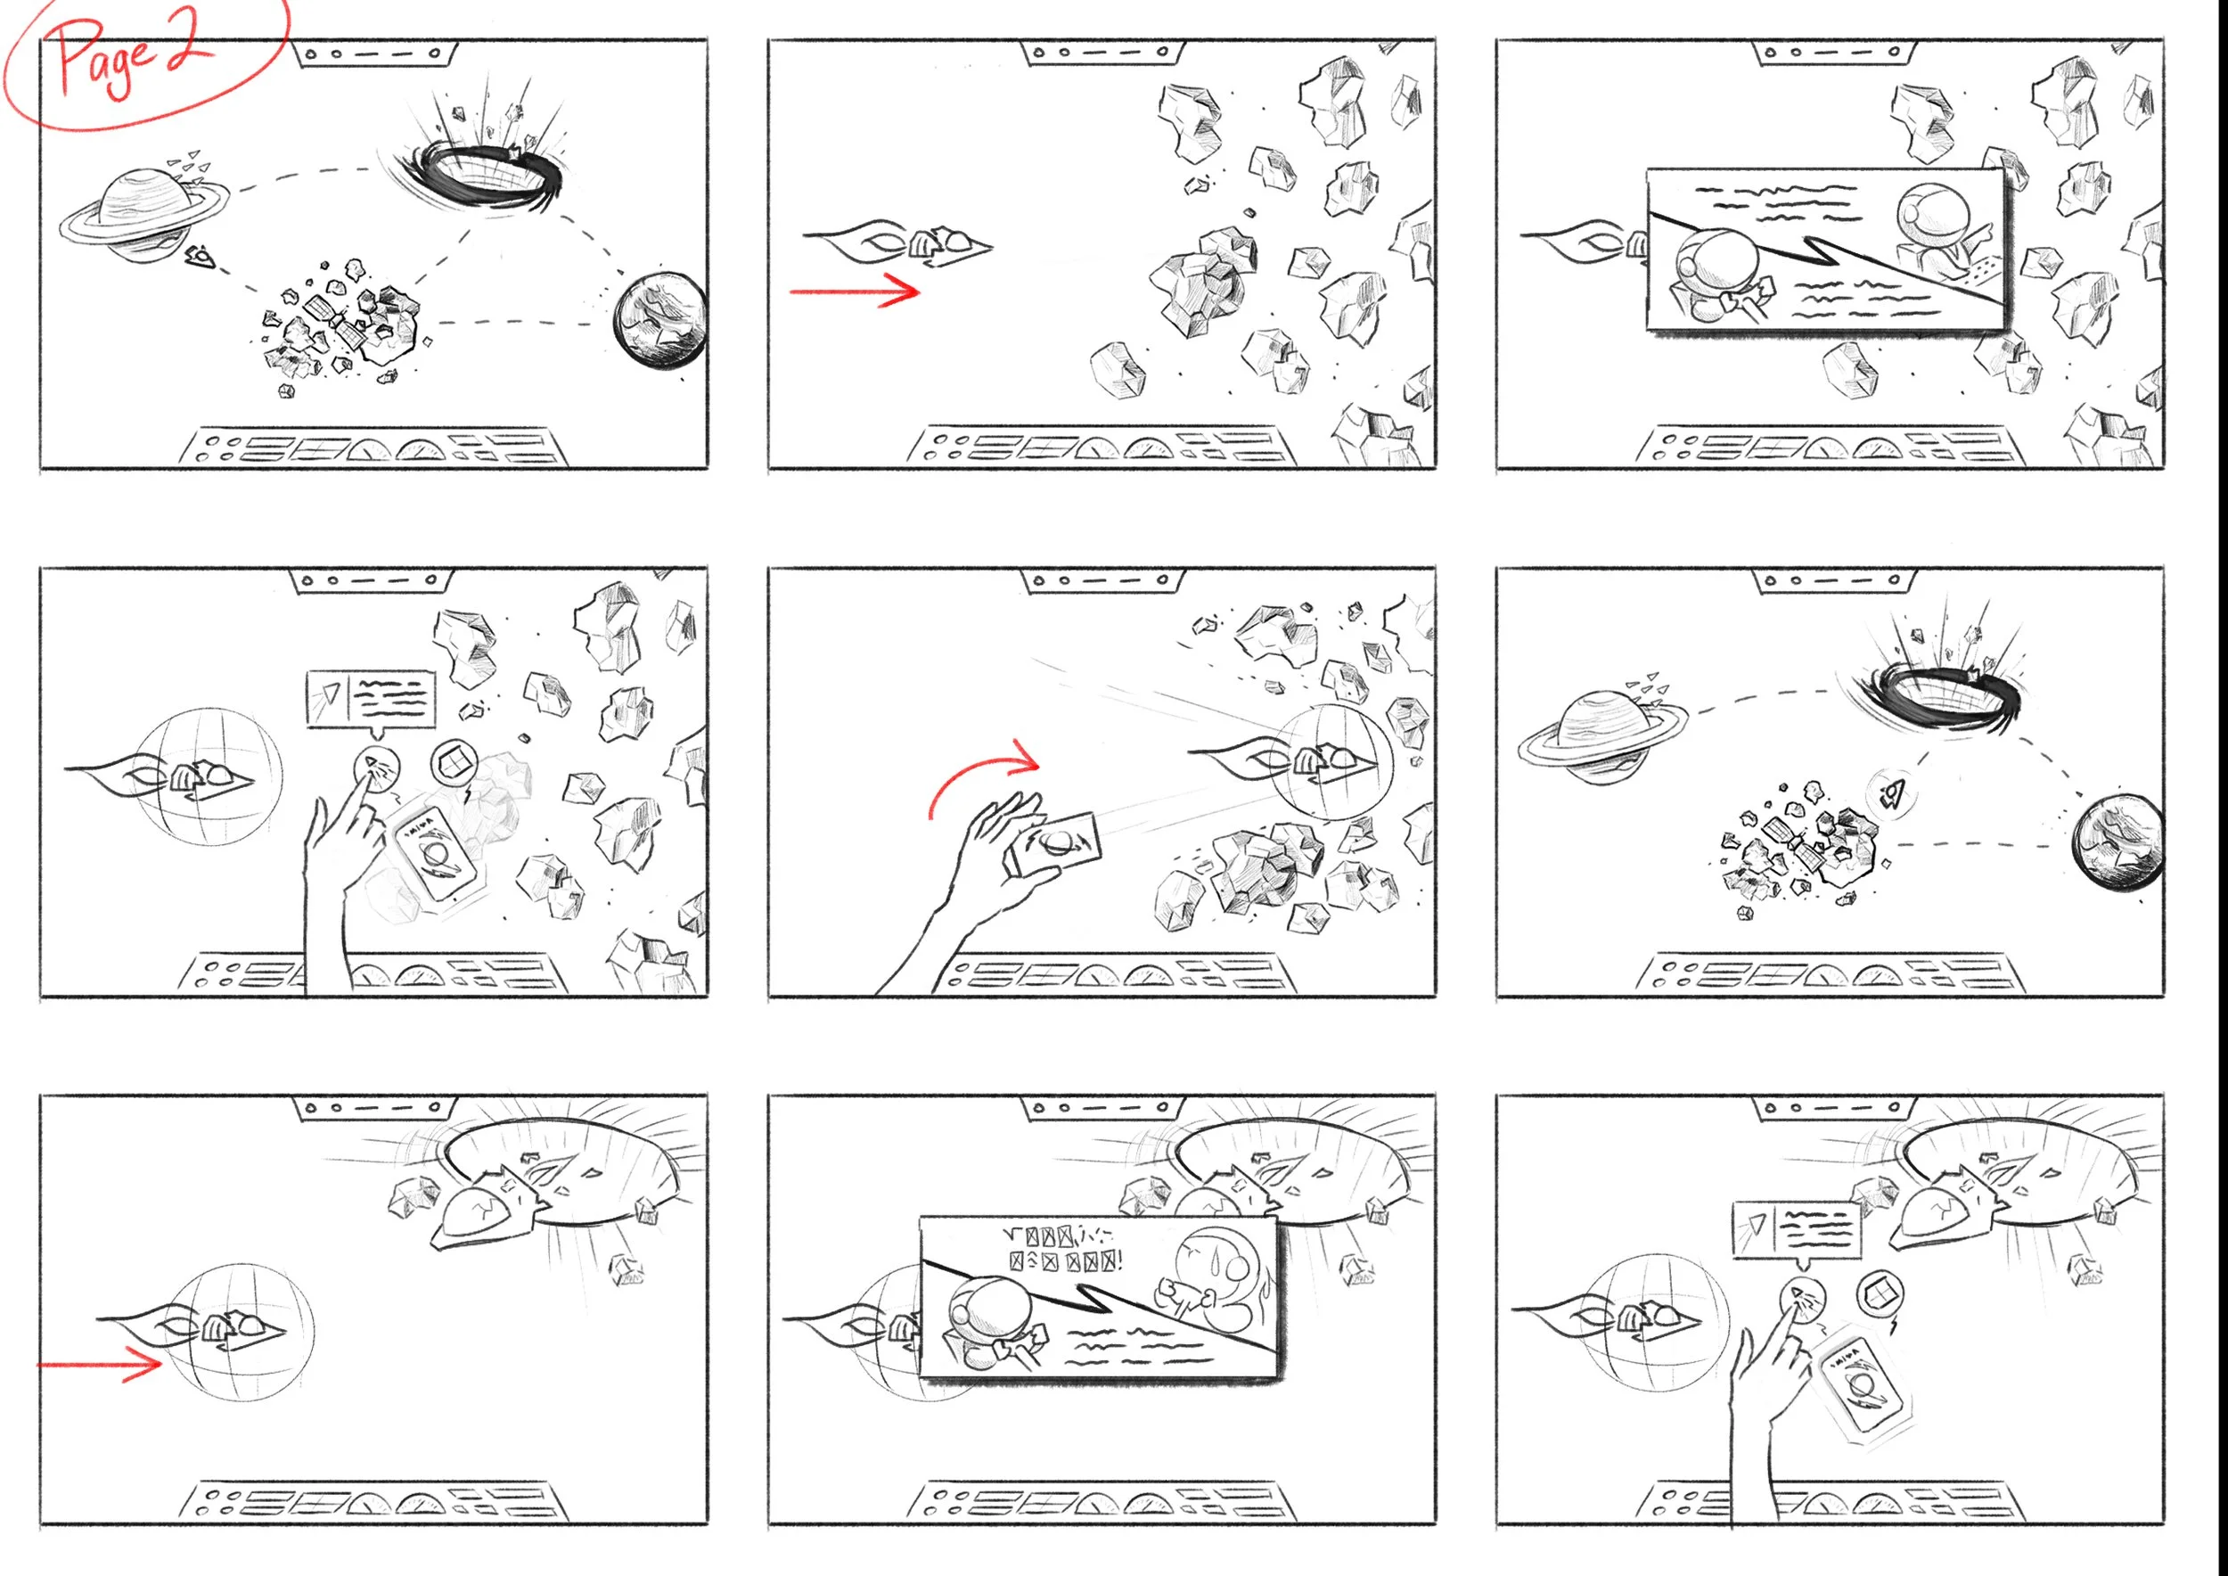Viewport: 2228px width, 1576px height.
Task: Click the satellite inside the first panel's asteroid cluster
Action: pos(335,320)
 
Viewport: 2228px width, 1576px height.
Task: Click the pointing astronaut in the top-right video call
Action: pos(1936,228)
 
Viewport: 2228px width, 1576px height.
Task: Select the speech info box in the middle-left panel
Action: pos(371,698)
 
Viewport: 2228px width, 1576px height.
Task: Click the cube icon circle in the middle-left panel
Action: pos(453,764)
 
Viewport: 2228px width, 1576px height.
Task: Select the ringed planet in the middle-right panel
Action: pos(1601,735)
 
